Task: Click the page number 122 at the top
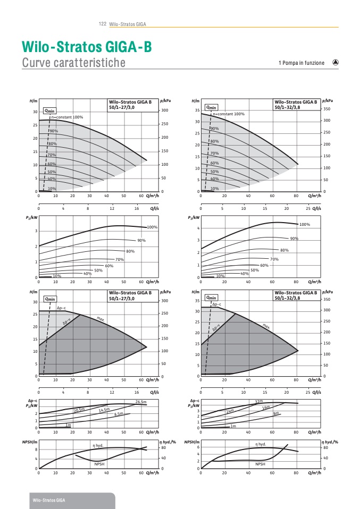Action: (103, 24)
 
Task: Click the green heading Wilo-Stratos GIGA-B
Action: (87, 47)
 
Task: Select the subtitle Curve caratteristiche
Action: (73, 63)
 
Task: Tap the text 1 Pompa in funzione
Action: (301, 63)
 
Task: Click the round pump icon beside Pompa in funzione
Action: (336, 62)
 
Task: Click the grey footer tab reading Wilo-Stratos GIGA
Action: (48, 500)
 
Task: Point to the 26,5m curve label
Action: (141, 402)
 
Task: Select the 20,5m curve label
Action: (79, 409)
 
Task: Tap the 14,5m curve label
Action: (104, 410)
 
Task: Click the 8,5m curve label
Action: (119, 413)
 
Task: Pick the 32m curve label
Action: (259, 401)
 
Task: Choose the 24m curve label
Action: (230, 410)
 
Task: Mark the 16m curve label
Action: (266, 408)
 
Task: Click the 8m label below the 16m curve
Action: (276, 413)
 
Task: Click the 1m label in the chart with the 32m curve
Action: (233, 426)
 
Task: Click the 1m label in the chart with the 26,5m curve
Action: (68, 425)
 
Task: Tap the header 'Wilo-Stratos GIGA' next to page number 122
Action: (128, 24)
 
